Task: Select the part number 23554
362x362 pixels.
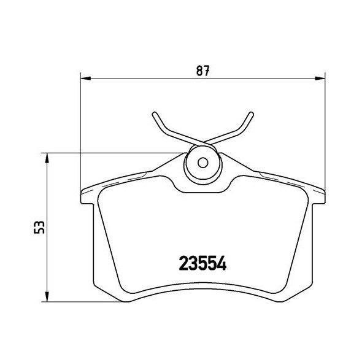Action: point(203,264)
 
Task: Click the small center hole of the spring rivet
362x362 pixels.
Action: point(203,164)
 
